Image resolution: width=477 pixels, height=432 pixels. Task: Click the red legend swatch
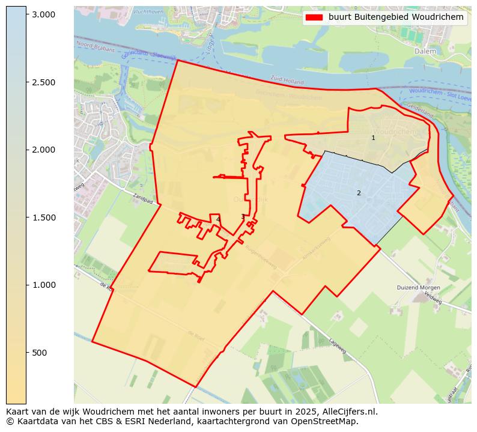click(314, 17)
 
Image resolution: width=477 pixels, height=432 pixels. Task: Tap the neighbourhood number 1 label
click(373, 138)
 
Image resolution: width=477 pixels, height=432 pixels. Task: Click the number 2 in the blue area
click(359, 193)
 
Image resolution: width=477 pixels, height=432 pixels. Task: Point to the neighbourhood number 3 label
click(243, 216)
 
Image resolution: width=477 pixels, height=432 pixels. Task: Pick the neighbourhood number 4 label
click(218, 219)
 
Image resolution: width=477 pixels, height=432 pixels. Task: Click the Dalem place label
click(425, 52)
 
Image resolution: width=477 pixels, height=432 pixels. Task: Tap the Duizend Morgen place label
click(419, 287)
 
